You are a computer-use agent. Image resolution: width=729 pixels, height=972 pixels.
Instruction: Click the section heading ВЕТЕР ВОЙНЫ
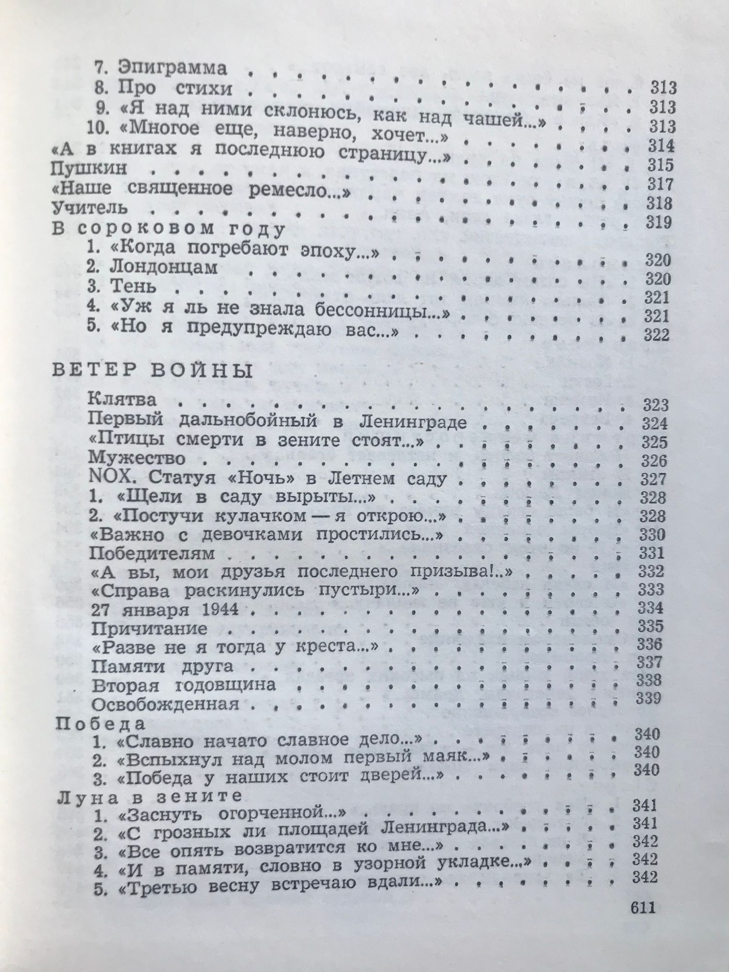151,371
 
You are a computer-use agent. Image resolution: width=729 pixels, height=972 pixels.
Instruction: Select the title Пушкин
89,169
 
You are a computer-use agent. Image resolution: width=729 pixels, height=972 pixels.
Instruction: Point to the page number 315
660,165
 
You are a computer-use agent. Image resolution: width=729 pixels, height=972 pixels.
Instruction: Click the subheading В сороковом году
167,228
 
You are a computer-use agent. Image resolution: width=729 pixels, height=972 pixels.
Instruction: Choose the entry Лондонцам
164,268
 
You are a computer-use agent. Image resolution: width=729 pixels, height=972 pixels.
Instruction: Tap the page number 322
656,335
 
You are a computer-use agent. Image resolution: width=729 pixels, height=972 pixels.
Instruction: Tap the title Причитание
149,629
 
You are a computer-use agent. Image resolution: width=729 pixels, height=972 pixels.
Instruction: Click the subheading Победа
101,724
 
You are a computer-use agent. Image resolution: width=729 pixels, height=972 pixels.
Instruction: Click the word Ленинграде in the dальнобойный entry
413,422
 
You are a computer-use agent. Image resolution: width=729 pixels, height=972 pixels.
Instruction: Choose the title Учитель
89,208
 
